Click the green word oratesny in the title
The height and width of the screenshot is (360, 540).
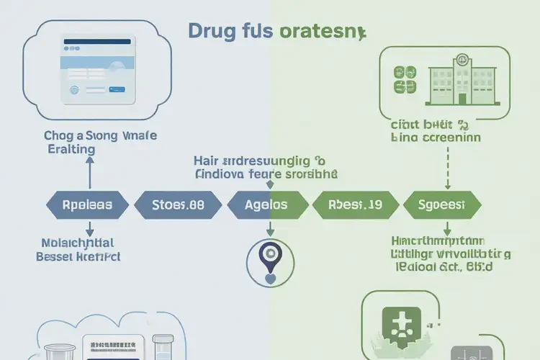point(320,32)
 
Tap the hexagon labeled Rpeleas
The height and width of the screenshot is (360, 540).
point(89,204)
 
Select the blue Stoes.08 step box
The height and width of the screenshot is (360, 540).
point(178,204)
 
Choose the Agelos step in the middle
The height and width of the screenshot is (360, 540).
point(266,204)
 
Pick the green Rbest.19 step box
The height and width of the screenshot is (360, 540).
point(356,204)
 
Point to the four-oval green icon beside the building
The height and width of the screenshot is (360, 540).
point(405,79)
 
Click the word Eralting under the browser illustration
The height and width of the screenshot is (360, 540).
point(68,149)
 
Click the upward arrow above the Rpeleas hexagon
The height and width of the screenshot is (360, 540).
point(89,173)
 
